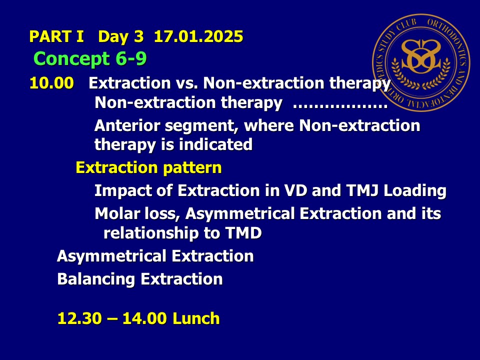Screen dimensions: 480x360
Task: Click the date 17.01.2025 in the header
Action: point(198,36)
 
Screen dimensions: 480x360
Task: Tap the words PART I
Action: point(56,36)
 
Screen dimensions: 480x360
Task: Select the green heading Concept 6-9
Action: point(90,58)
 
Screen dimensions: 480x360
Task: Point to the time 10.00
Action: point(51,83)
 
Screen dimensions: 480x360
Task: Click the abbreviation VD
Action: point(295,190)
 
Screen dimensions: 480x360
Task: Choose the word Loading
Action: point(415,191)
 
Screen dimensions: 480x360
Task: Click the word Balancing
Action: point(96,279)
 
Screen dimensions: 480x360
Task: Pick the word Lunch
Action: point(196,318)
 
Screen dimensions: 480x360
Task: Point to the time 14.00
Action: point(145,318)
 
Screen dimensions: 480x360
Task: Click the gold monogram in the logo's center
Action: point(421,56)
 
